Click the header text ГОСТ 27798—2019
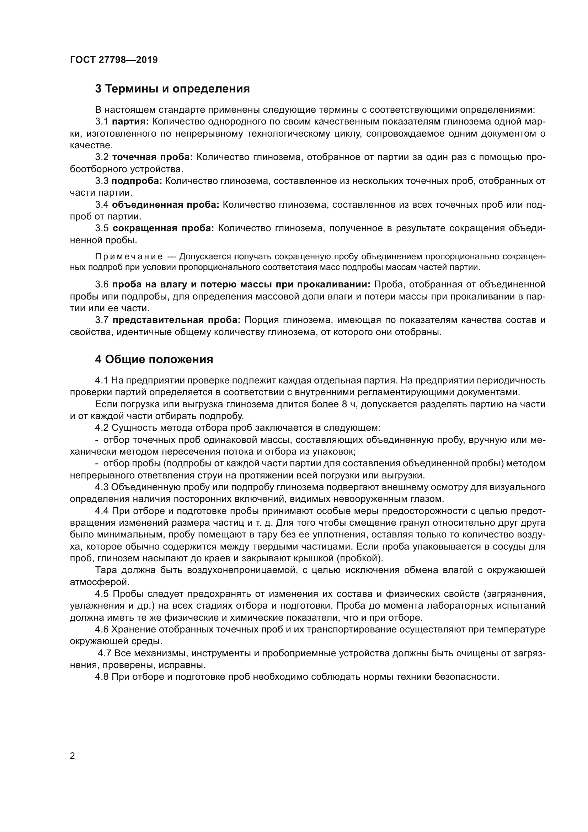[114, 60]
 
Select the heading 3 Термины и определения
[172, 89]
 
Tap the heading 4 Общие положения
[154, 360]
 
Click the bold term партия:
[130, 122]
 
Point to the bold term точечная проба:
[153, 157]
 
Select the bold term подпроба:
[137, 181]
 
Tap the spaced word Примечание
[129, 257]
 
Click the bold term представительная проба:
[176, 320]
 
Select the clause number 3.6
[102, 285]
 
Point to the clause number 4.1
[102, 381]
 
